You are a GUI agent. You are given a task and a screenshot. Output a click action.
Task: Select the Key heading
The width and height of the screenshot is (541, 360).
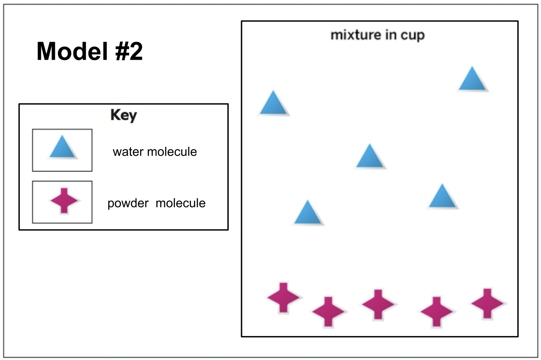click(x=124, y=115)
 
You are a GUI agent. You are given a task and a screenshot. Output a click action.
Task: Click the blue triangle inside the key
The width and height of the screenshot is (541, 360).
click(x=63, y=148)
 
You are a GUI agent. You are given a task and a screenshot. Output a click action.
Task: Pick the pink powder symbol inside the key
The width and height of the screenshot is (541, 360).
click(x=64, y=200)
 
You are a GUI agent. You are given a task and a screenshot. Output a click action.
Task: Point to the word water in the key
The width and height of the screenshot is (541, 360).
click(x=127, y=152)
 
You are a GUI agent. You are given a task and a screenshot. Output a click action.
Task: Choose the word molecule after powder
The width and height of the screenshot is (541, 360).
click(x=180, y=203)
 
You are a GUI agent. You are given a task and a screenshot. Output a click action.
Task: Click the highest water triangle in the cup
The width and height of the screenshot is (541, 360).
click(x=472, y=80)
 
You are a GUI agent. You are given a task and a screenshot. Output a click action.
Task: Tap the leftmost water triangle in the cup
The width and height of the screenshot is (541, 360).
click(x=273, y=104)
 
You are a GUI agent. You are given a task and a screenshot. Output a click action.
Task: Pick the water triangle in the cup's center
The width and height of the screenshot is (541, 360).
click(x=370, y=157)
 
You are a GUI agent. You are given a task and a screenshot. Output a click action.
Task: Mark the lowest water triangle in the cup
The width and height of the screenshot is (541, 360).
click(x=308, y=213)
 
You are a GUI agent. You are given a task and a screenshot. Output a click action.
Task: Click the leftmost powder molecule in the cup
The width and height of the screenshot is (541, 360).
click(x=283, y=297)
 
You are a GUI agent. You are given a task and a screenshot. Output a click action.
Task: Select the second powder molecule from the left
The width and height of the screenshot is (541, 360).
click(x=328, y=311)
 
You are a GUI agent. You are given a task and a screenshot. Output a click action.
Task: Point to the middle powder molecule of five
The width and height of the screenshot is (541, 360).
click(x=378, y=304)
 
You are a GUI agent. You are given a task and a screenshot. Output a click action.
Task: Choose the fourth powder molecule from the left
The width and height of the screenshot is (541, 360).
click(x=436, y=311)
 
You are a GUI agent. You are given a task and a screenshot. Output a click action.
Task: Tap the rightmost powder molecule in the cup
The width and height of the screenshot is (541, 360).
click(x=487, y=303)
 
